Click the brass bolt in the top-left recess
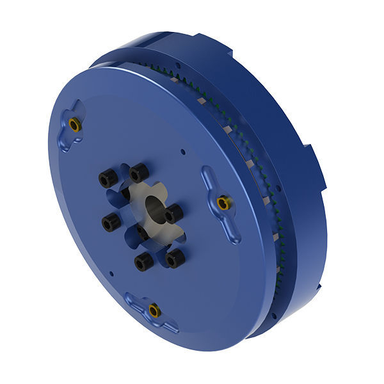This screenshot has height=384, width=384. click(75, 125)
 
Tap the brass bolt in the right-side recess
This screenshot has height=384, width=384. click(223, 204)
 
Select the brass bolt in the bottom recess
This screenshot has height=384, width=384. click(154, 311)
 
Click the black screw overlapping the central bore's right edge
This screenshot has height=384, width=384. click(173, 214)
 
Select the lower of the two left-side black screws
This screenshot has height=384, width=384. click(111, 222)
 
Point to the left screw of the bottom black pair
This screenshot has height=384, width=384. click(143, 261)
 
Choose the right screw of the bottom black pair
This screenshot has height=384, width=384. click(175, 258)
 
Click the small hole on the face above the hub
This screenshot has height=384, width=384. click(183, 152)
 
